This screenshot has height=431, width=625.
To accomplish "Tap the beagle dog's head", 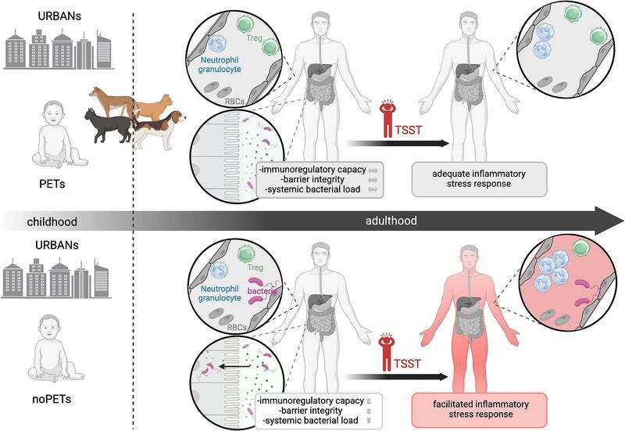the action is [177, 117].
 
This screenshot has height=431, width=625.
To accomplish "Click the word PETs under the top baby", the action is [52, 184].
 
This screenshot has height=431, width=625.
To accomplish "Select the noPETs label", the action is [52, 399].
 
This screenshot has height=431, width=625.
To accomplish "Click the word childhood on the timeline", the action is [52, 221].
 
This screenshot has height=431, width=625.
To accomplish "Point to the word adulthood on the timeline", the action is [391, 221].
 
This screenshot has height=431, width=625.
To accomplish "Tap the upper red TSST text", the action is [408, 130].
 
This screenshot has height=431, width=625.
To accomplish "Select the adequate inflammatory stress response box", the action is [479, 179].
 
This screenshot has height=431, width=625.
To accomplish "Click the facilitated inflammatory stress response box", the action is [479, 410].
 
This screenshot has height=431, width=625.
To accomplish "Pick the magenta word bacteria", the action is [262, 291].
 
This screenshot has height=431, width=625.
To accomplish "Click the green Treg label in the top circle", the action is [255, 38].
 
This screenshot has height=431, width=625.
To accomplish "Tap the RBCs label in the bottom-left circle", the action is [237, 327].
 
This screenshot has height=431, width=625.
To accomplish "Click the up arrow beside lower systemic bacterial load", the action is [369, 420].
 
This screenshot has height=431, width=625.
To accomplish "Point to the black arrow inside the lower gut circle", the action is [235, 366].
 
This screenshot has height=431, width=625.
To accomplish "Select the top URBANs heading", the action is [59, 16].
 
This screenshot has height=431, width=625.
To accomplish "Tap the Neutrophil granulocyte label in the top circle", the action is [220, 64].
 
